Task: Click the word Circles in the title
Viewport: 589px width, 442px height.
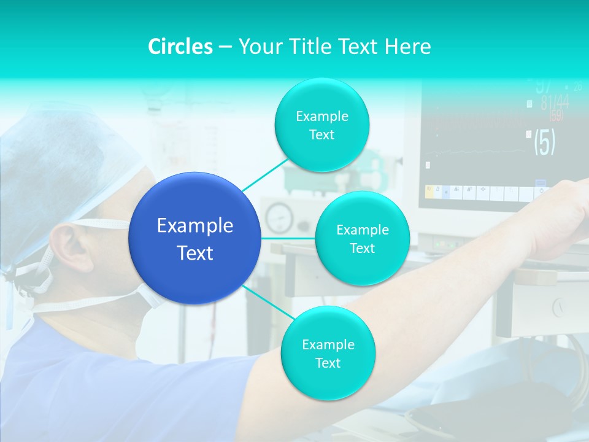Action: click(180, 46)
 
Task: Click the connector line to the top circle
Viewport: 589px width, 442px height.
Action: click(264, 174)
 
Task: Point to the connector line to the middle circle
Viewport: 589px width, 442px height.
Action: click(288, 238)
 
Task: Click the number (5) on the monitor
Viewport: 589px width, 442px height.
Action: click(544, 142)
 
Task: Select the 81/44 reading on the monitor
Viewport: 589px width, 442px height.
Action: click(555, 103)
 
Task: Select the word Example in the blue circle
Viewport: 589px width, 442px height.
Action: click(195, 226)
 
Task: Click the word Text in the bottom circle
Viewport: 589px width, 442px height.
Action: click(328, 363)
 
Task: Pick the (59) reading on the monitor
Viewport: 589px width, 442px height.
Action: click(556, 115)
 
